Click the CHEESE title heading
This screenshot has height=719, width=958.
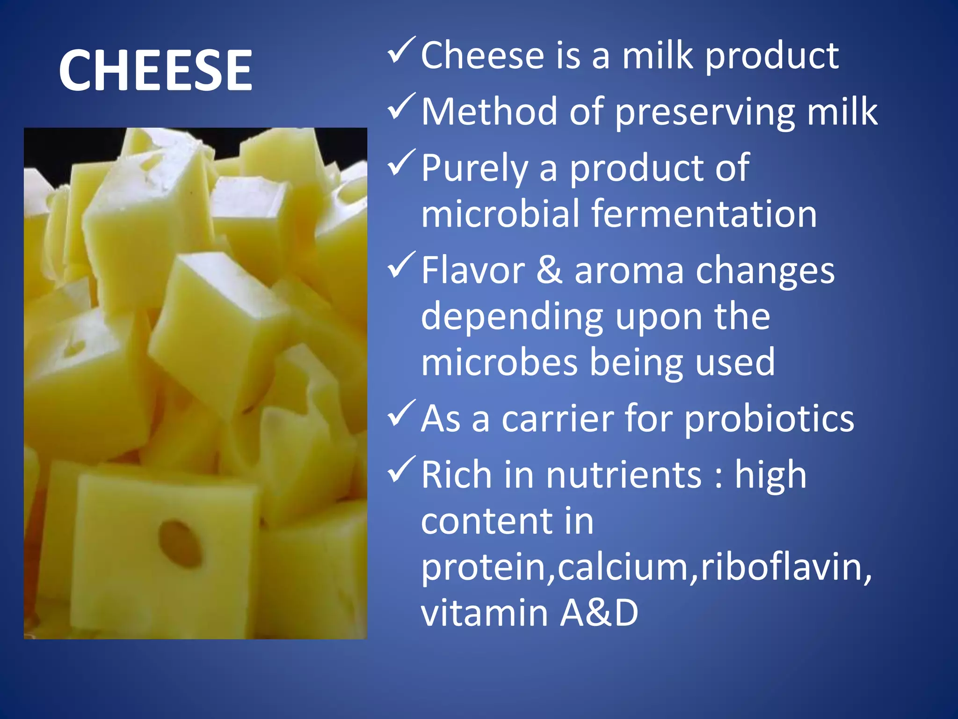155,71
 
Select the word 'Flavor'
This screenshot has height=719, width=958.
473,271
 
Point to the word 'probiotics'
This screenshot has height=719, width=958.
769,419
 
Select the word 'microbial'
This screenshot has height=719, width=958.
501,214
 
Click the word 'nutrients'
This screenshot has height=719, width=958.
624,475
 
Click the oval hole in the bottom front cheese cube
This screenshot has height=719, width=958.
180,544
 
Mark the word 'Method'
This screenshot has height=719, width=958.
489,112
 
